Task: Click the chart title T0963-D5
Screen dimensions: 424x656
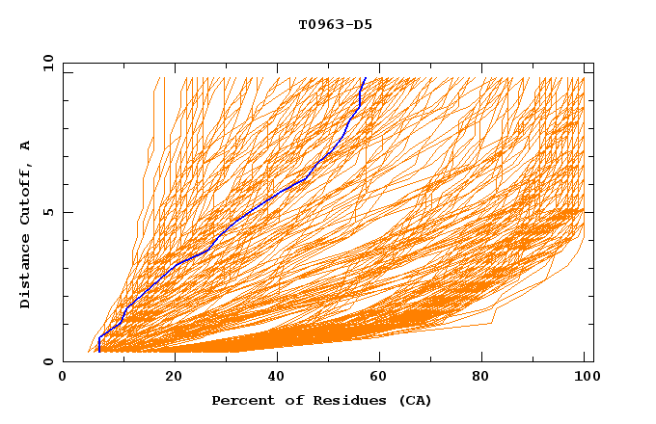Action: click(335, 25)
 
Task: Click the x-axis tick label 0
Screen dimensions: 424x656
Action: click(63, 378)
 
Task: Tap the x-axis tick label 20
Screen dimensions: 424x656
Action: click(174, 378)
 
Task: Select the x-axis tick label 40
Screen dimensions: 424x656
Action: click(278, 378)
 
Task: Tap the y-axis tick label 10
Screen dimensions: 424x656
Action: click(46, 63)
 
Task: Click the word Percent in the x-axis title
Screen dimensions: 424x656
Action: click(240, 401)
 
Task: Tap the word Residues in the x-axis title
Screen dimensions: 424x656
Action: click(338, 401)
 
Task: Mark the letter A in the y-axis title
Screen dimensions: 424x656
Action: click(26, 145)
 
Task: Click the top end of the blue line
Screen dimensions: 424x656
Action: click(365, 78)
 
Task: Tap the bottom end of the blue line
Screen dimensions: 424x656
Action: click(99, 352)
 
